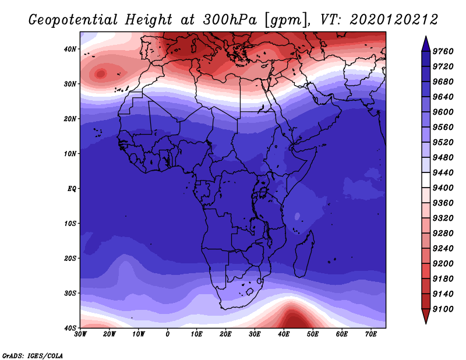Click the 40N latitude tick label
70,49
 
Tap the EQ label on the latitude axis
72,189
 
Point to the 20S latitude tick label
70,258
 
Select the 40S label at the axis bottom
70,328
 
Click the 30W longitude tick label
80,334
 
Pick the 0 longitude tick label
168,334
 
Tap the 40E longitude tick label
284,334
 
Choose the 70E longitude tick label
371,334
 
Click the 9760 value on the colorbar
443,51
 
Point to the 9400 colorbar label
443,188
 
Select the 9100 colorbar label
443,309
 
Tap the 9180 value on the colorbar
443,279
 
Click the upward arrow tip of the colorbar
426,36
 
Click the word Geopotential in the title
73,20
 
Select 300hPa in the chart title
230,20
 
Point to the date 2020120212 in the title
394,20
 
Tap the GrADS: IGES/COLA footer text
33,355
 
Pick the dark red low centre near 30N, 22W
101,73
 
